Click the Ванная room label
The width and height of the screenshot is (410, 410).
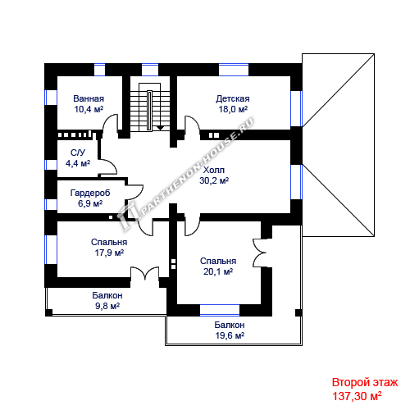[x=89, y=98]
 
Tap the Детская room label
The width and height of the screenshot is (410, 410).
[x=233, y=98]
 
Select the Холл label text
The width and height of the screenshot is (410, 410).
[x=214, y=170]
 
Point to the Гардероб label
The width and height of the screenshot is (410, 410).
[x=90, y=193]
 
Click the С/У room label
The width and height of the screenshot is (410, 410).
[x=78, y=153]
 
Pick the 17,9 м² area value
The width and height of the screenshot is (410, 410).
[x=109, y=253]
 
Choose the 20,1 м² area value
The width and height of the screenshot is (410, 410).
[x=218, y=271]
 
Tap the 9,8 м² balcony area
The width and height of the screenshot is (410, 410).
[x=107, y=306]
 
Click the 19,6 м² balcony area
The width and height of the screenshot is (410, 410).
[x=230, y=335]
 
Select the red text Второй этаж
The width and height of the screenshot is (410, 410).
[x=365, y=382]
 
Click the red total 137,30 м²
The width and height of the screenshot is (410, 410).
[x=357, y=396]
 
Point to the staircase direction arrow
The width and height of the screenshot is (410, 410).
[x=160, y=128]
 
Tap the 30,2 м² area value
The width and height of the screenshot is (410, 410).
[x=214, y=180]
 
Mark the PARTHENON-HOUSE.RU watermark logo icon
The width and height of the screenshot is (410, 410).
[x=129, y=216]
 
